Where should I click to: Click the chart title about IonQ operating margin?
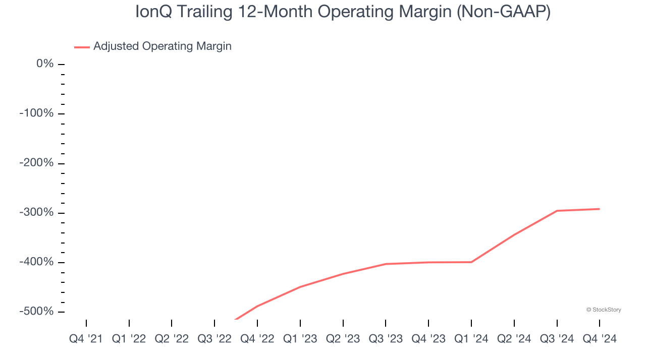tap(343, 12)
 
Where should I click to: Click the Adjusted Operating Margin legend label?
tap(162, 46)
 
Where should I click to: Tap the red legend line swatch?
tap(82, 47)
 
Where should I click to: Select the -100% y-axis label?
tap(36, 113)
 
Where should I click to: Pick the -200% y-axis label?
tap(36, 163)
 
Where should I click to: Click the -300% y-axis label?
tap(36, 212)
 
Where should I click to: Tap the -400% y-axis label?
tap(36, 262)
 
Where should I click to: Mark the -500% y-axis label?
tap(36, 312)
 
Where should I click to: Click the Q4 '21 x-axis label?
tap(86, 339)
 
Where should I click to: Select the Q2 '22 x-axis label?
tap(172, 339)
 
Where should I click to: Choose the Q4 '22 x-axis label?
tap(257, 339)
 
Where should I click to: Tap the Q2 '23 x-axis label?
tap(343, 339)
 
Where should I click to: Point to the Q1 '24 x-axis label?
tap(471, 339)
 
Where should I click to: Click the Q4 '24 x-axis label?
tap(600, 339)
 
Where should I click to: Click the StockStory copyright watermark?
tap(604, 310)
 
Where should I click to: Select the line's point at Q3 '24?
tap(557, 211)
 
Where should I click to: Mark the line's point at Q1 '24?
tap(471, 262)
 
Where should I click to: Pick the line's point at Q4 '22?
tap(257, 306)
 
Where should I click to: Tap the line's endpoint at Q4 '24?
tap(600, 209)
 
